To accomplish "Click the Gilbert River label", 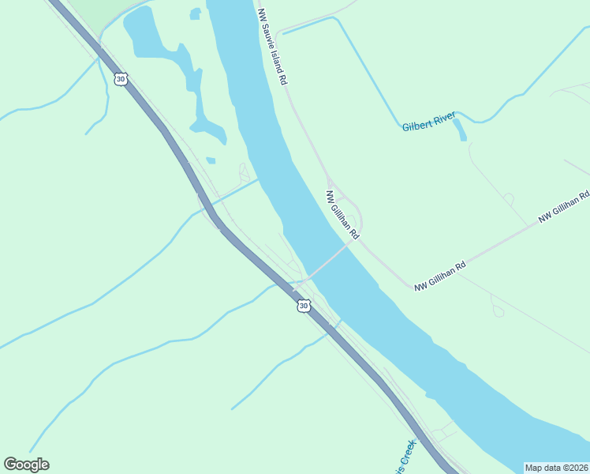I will [428, 122].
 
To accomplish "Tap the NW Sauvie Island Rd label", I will [271, 47].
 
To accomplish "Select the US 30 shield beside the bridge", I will [303, 305].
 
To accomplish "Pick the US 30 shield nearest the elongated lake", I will [120, 78].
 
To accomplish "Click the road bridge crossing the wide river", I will [327, 260].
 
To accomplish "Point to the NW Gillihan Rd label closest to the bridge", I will [343, 214].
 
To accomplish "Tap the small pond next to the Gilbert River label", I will [459, 130].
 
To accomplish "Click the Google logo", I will [26, 465].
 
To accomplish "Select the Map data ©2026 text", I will [557, 468].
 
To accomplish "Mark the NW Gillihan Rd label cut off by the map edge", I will [565, 206].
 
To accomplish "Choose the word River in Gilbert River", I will [442, 118].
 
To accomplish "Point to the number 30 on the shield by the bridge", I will [303, 305].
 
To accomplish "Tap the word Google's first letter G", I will [10, 465].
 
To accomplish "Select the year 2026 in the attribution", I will [577, 468].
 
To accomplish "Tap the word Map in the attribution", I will [535, 468].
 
